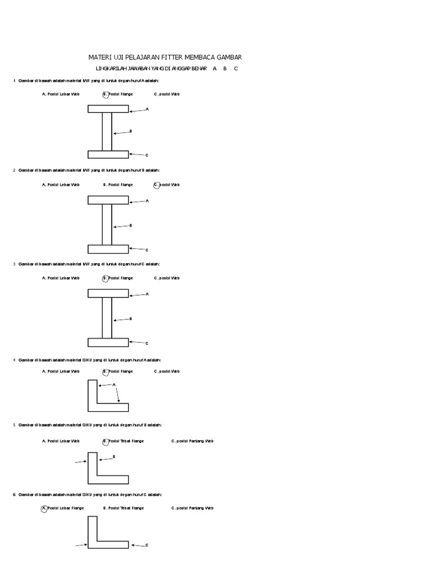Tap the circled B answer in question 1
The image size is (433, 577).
coord(105,94)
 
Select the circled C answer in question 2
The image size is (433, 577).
coord(156,184)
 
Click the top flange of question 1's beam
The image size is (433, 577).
coord(108,109)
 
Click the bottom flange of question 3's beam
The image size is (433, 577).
coord(108,342)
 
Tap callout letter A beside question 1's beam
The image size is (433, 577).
coord(147,109)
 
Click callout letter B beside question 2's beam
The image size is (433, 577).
coord(131,225)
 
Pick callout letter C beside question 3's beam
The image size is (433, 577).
coord(147,343)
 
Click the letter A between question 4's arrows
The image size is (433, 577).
coord(114,385)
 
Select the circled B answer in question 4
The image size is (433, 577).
coord(105,372)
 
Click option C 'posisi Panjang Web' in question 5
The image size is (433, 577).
coord(192,441)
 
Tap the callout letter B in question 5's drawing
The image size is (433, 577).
coord(114,456)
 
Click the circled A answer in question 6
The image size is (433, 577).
coord(44,508)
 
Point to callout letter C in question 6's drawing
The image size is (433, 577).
coord(147,545)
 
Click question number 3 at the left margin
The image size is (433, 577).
coord(14,264)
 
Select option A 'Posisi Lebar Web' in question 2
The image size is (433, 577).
coord(61,184)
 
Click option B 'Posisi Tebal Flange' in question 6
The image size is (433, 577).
coord(123,508)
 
